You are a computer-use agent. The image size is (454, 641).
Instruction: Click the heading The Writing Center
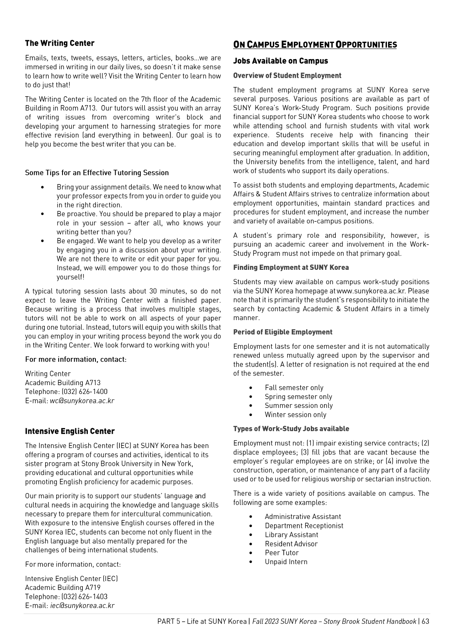60,43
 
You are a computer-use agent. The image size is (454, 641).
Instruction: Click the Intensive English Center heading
70,431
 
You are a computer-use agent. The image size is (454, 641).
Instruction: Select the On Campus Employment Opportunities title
315,44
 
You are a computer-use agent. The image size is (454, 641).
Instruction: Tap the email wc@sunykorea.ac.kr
82,401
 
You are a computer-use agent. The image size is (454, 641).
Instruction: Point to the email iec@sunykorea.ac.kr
82,606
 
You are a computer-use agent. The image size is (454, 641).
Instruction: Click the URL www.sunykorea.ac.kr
371,291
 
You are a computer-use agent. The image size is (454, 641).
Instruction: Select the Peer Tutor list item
281,553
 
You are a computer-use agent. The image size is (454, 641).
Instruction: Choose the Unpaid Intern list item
286,562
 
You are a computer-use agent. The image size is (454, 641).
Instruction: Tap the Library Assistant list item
291,535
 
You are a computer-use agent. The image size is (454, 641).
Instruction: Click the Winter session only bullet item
295,415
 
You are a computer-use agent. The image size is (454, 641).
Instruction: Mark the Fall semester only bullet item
294,388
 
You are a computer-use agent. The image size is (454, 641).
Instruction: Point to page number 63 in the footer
425,621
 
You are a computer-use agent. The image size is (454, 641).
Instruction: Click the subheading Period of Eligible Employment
283,332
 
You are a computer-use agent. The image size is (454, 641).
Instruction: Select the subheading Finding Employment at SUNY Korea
291,267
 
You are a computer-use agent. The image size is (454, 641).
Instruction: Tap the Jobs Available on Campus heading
280,61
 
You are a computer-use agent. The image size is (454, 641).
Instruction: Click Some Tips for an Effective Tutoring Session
97,173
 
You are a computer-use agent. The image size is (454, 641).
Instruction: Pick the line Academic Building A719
63,587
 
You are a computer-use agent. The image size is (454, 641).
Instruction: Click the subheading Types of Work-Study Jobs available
291,429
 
